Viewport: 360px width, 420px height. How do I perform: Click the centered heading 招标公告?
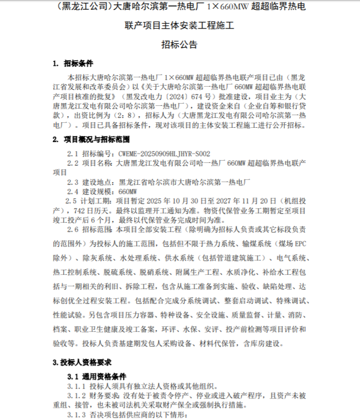click(x=179, y=44)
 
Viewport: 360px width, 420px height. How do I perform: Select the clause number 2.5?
click(x=74, y=201)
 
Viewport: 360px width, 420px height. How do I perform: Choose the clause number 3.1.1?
click(x=77, y=387)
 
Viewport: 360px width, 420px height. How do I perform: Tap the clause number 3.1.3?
click(x=77, y=415)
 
